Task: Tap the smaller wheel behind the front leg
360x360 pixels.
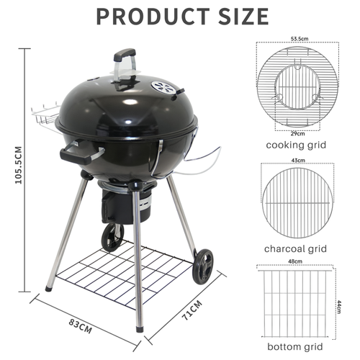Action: pyautogui.click(x=111, y=237)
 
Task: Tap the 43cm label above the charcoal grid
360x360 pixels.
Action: pyautogui.click(x=295, y=161)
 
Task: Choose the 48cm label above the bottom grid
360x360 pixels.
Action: pyautogui.click(x=294, y=261)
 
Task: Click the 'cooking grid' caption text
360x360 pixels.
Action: pyautogui.click(x=295, y=145)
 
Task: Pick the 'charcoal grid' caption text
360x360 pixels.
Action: pyautogui.click(x=295, y=248)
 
